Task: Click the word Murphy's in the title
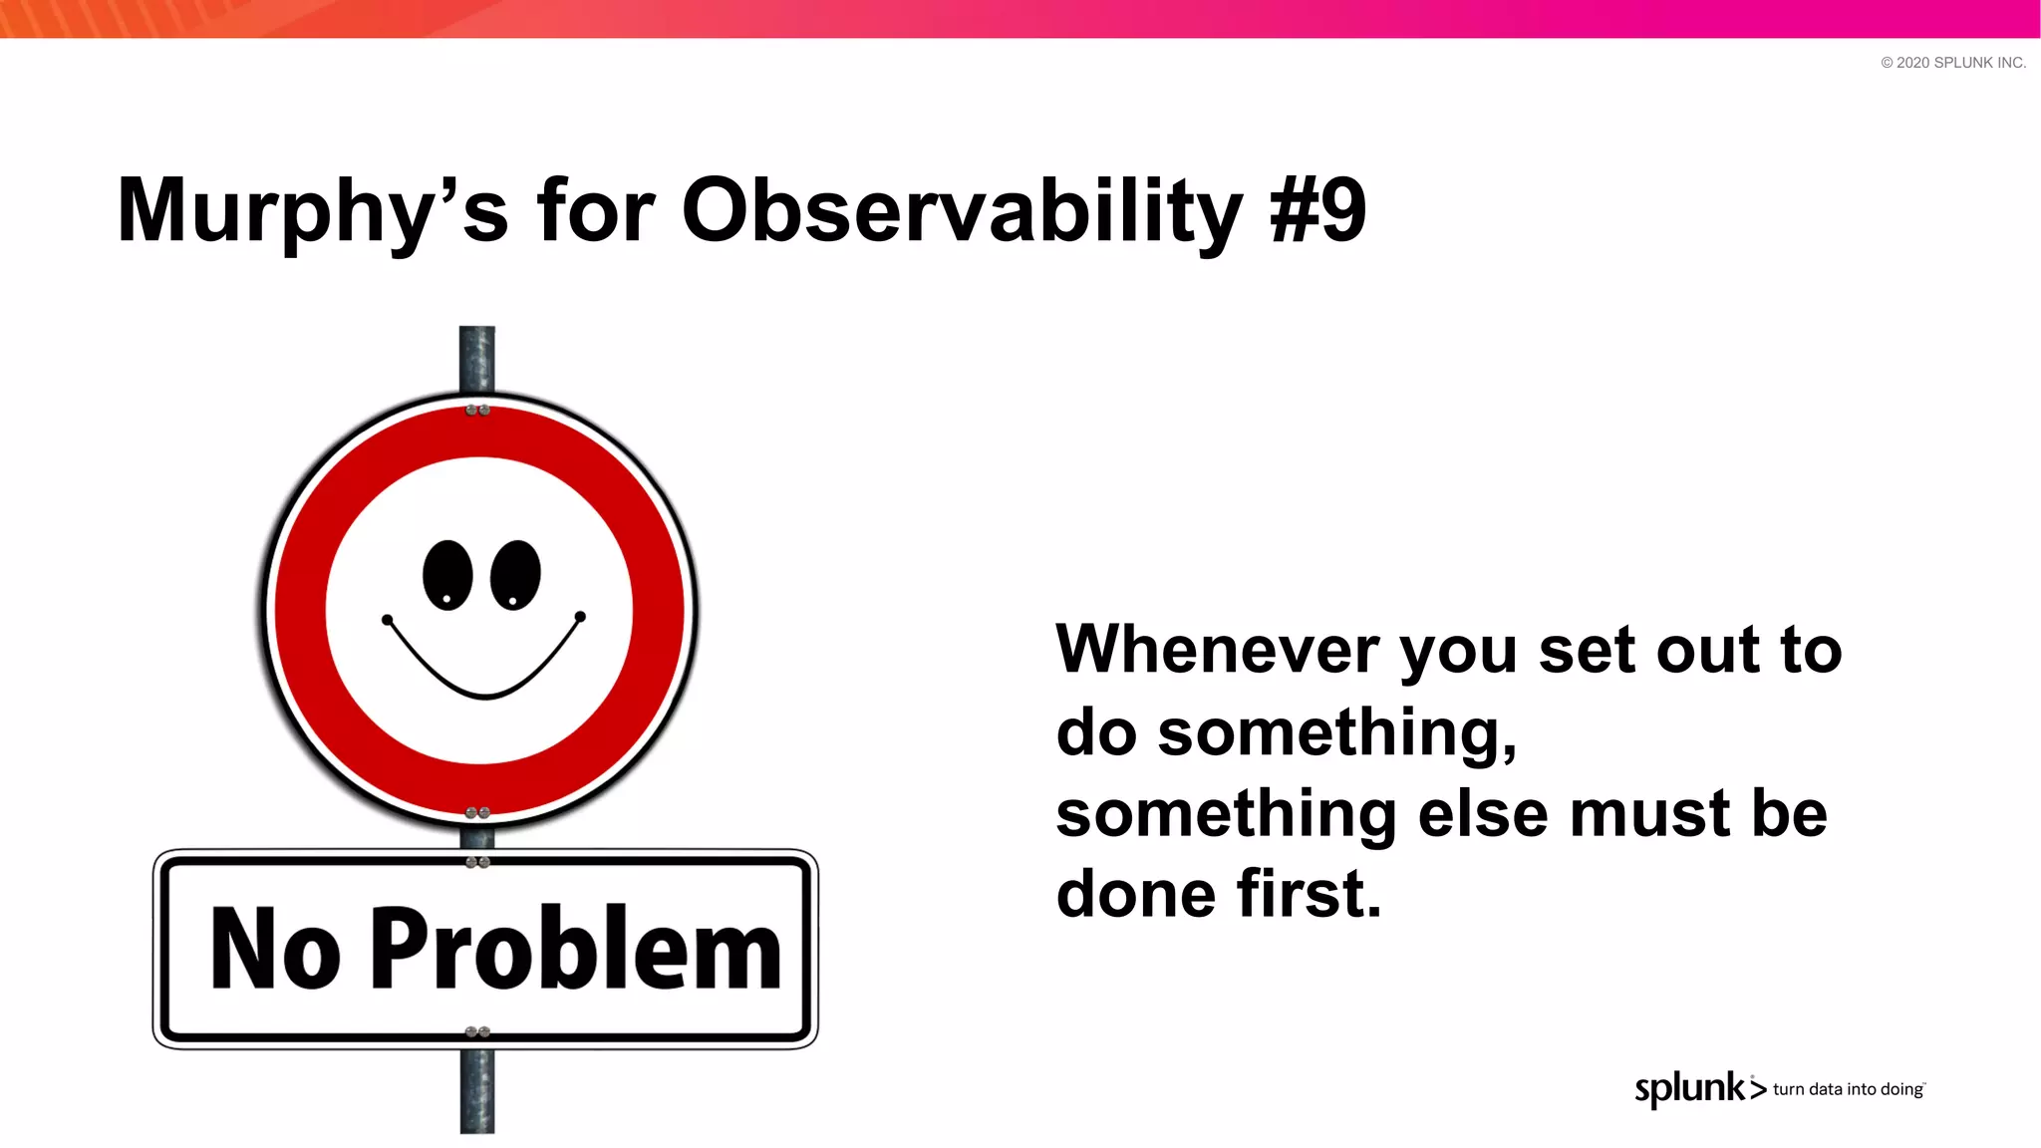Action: [312, 211]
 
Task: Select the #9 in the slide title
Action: [1317, 211]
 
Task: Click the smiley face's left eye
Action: [447, 575]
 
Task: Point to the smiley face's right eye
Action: [515, 575]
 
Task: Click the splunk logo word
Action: [1690, 1088]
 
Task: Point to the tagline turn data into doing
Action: [1848, 1089]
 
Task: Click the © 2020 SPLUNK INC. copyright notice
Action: [1952, 63]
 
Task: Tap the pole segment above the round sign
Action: [476, 358]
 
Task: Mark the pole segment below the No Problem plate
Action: [476, 1090]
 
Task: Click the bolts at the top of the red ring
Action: [477, 411]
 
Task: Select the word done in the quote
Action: [1135, 893]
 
